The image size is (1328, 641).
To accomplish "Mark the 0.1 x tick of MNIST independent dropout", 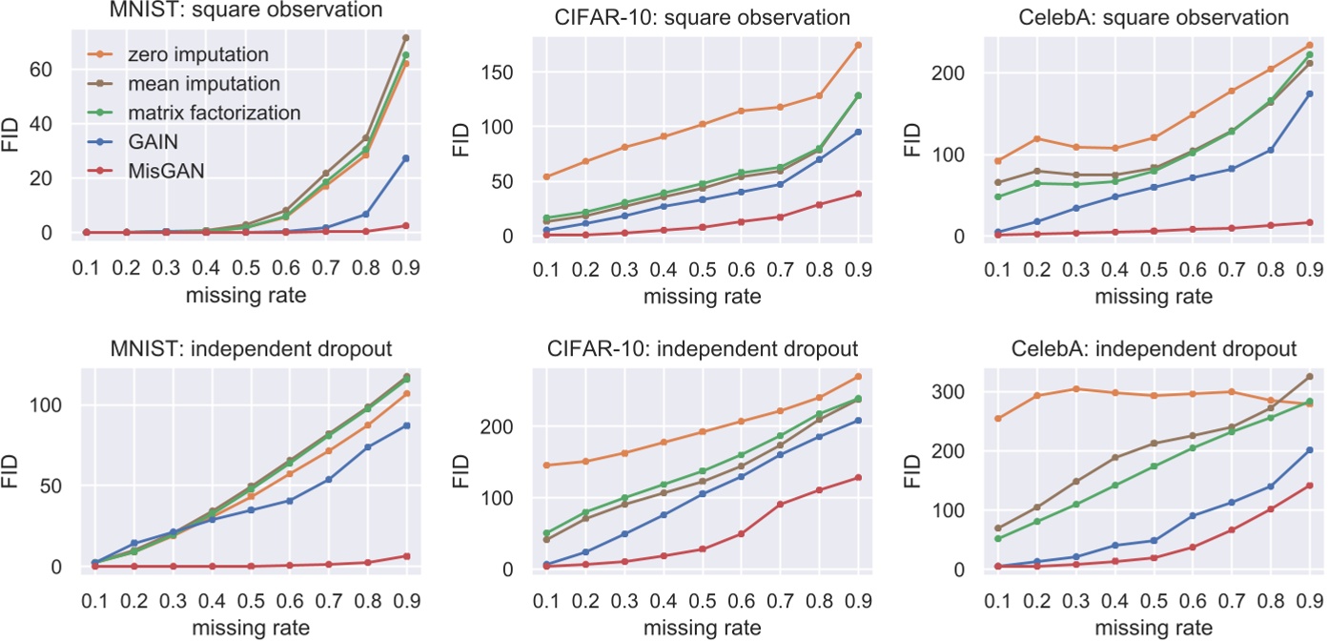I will point(93,605).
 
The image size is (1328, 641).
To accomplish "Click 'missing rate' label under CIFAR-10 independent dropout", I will point(702,628).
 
